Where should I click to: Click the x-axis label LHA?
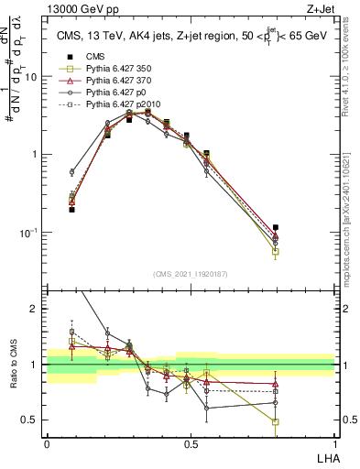pos(325,457)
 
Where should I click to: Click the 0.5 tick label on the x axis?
pos(191,443)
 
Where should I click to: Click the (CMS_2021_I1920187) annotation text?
pos(191,273)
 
